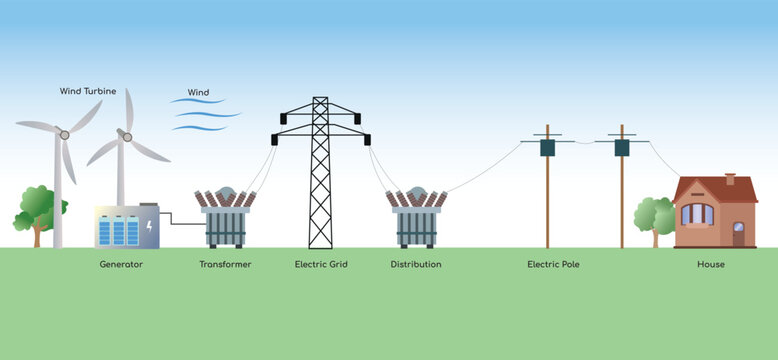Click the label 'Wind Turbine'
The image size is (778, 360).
[88, 91]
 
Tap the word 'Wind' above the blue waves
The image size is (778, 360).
[198, 93]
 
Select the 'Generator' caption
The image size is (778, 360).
[121, 265]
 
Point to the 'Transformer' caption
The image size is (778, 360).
[225, 265]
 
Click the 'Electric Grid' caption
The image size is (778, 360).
[321, 265]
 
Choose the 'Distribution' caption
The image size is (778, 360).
[416, 265]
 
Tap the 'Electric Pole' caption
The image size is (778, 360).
[553, 265]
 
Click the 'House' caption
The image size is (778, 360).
[711, 265]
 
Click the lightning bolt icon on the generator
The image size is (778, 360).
[149, 227]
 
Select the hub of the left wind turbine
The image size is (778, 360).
[64, 133]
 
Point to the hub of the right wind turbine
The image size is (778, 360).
[127, 136]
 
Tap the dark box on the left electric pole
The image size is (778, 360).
[547, 148]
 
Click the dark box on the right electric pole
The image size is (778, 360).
[621, 148]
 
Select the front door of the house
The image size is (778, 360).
[738, 235]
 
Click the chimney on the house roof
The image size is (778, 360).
[730, 180]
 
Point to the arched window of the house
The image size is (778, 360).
[697, 213]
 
